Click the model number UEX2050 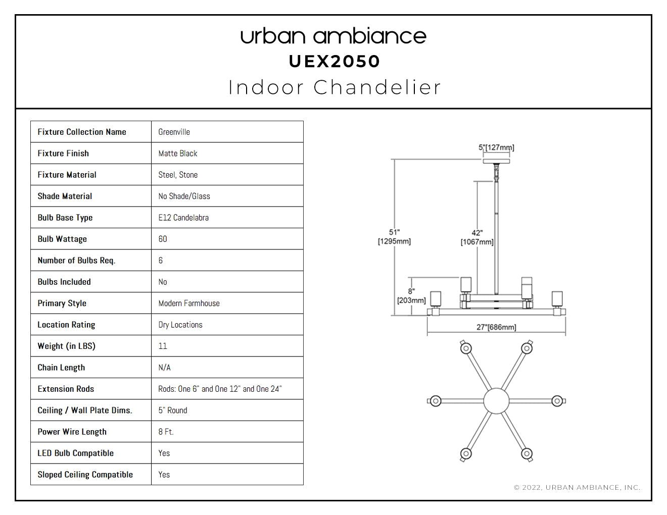pyautogui.click(x=335, y=62)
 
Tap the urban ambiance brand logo pyautogui.click(x=333, y=36)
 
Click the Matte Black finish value pyautogui.click(x=178, y=153)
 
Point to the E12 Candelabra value pyautogui.click(x=183, y=218)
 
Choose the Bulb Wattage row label pyautogui.click(x=62, y=239)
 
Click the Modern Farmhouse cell pyautogui.click(x=189, y=303)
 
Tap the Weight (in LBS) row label pyautogui.click(x=66, y=346)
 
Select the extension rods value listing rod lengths pyautogui.click(x=220, y=389)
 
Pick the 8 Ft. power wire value pyautogui.click(x=166, y=432)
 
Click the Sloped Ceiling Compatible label pyautogui.click(x=85, y=475)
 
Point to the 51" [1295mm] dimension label pyautogui.click(x=394, y=237)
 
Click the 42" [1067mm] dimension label pyautogui.click(x=477, y=237)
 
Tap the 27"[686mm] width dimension pyautogui.click(x=496, y=327)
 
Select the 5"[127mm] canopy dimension pyautogui.click(x=496, y=147)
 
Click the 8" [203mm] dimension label pyautogui.click(x=411, y=296)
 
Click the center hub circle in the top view pyautogui.click(x=496, y=401)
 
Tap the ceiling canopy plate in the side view pyautogui.click(x=496, y=162)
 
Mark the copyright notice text pyautogui.click(x=577, y=488)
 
